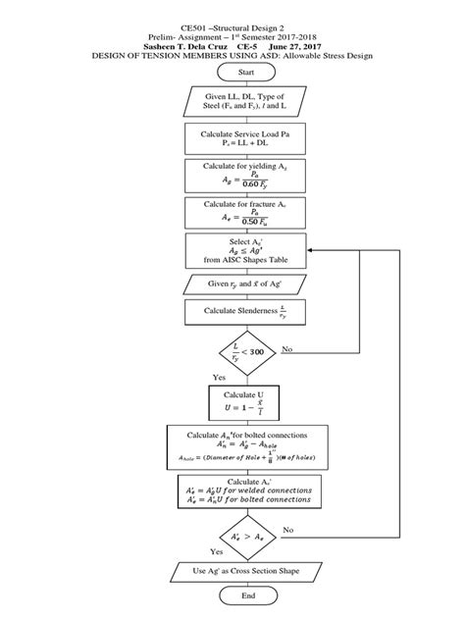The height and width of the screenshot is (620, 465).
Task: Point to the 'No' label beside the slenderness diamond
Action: [x=287, y=348]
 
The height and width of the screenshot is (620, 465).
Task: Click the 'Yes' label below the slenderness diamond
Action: [x=221, y=377]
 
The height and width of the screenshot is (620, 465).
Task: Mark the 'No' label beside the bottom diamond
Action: [x=287, y=529]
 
